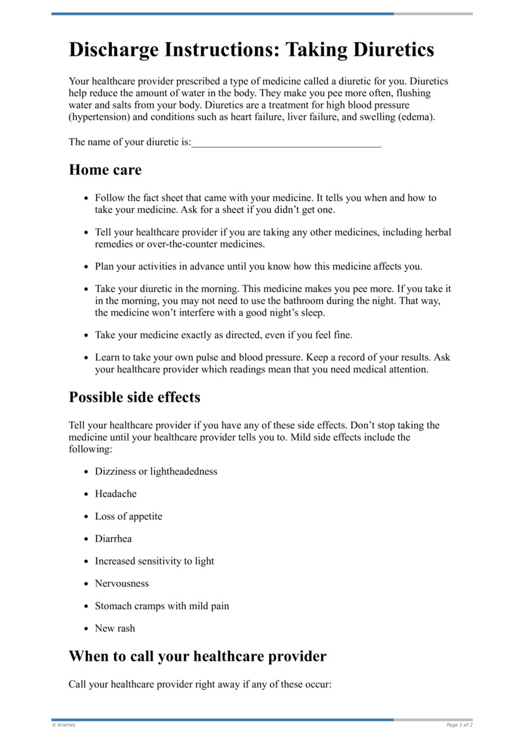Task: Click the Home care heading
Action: click(x=105, y=170)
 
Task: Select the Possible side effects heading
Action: click(x=134, y=398)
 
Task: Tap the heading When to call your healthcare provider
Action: click(x=197, y=656)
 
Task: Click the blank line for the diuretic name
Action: click(x=286, y=143)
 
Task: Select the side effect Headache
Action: click(x=116, y=494)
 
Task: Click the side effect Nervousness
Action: click(x=122, y=583)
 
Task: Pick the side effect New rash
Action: click(x=115, y=629)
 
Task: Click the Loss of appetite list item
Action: click(x=128, y=517)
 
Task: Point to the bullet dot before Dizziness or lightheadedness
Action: click(x=87, y=472)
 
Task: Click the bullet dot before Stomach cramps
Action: click(x=87, y=606)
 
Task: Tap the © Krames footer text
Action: click(x=64, y=725)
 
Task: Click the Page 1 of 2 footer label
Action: click(x=459, y=725)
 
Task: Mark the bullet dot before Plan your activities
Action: click(x=87, y=267)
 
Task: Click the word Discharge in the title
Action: click(x=121, y=50)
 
